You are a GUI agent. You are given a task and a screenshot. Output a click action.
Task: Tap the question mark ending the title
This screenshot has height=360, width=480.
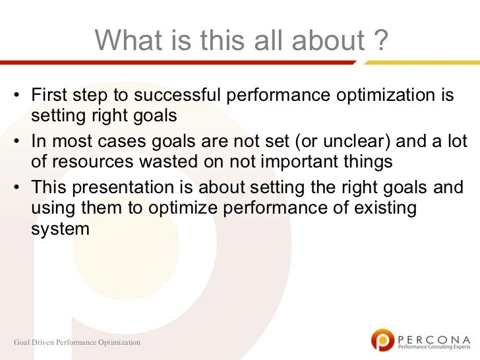(379, 43)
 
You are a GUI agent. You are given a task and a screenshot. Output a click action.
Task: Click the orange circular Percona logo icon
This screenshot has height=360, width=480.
(380, 340)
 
